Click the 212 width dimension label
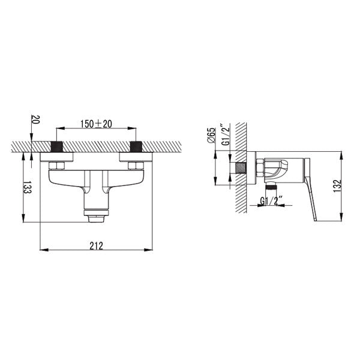pyautogui.click(x=96, y=246)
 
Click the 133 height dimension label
pyautogui.click(x=28, y=187)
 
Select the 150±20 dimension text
pyautogui.click(x=96, y=124)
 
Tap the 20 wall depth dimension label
pyautogui.click(x=36, y=119)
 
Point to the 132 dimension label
pyautogui.click(x=337, y=186)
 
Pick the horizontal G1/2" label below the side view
pyautogui.click(x=269, y=202)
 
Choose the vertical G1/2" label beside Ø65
pyautogui.click(x=226, y=136)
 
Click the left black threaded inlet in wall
pyautogui.click(x=56, y=147)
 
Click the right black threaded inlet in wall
pyautogui.click(x=136, y=147)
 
